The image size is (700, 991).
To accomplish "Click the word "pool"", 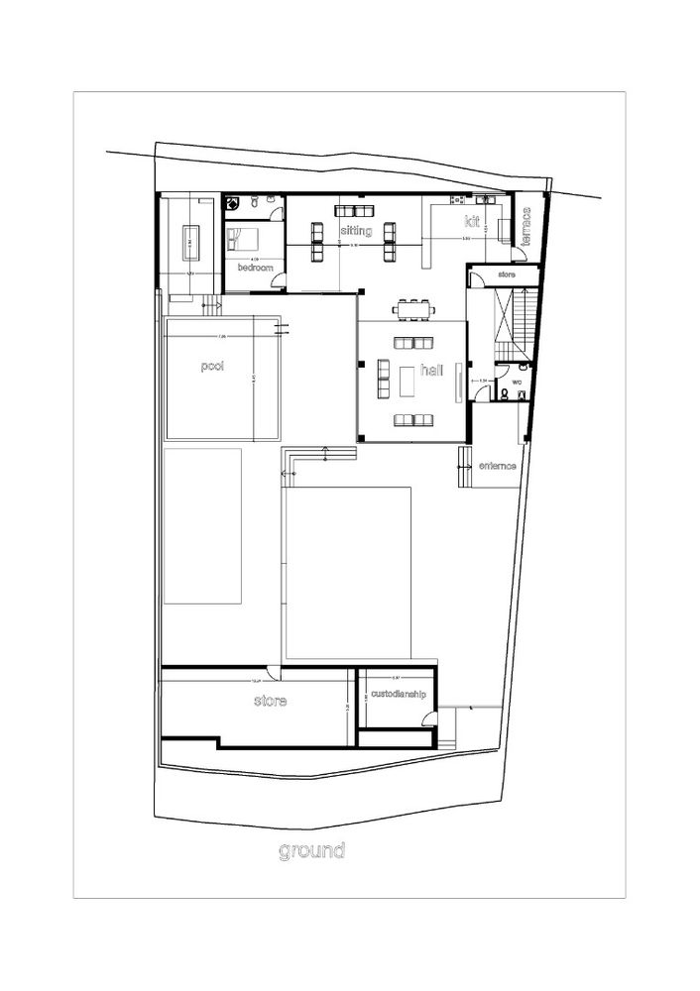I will click(212, 366).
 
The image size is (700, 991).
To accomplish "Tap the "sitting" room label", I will click(356, 231).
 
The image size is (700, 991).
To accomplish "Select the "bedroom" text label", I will click(255, 268).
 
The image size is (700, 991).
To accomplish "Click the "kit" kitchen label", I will click(471, 222).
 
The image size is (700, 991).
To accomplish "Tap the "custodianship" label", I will click(398, 695).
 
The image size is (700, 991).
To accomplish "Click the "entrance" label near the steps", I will click(498, 466).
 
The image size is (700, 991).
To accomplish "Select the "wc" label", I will click(517, 381).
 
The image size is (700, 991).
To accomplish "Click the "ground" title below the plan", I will click(311, 850).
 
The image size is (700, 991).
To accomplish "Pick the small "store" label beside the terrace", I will click(507, 274).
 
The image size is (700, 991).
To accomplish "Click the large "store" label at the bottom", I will click(270, 702).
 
